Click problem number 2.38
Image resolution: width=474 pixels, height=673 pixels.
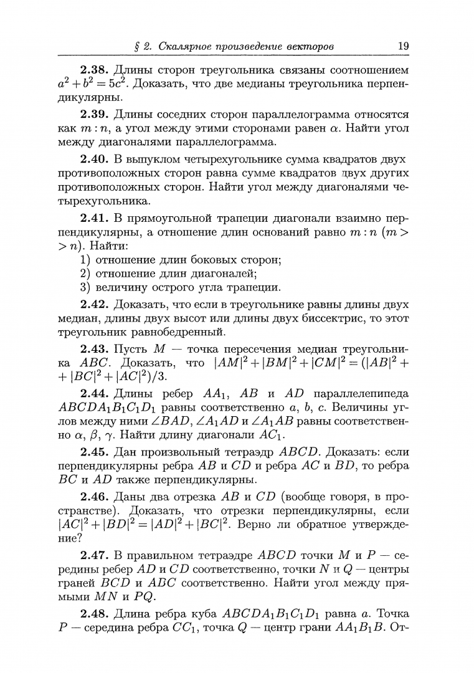tap(95, 69)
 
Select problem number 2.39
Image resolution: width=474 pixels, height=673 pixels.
tap(95, 114)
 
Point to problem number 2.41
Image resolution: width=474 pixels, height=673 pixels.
tap(95, 217)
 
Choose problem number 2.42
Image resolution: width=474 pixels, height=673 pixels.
tap(95, 305)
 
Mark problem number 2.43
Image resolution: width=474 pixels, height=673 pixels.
tap(95, 348)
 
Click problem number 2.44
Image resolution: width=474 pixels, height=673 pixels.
tap(95, 393)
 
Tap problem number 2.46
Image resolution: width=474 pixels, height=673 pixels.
tap(95, 497)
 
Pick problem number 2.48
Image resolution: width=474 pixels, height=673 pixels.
tap(95, 614)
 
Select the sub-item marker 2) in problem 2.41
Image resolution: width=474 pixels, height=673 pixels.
tap(85, 274)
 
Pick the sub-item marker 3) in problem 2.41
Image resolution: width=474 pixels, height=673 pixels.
tap(85, 287)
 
